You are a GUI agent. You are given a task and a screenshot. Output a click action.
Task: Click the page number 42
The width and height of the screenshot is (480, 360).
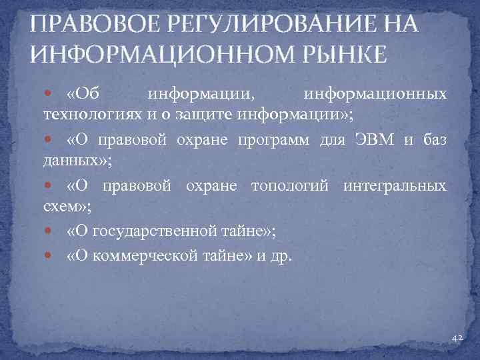point(457,339)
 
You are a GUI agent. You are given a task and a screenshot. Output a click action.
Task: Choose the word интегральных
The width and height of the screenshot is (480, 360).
point(395,186)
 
